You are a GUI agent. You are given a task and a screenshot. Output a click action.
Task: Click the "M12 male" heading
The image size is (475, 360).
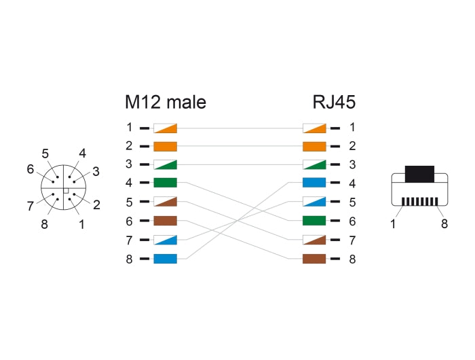point(166,103)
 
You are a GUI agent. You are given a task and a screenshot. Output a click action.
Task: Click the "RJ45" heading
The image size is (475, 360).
point(334,103)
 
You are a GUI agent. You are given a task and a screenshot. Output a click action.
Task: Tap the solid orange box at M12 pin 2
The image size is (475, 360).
point(166,146)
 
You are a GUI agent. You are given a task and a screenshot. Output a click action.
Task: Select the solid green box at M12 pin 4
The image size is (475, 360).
point(166,183)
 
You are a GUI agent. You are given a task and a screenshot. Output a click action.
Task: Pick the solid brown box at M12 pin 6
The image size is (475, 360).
point(166,221)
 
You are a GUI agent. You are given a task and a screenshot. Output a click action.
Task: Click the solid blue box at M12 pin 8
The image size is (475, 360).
point(166,259)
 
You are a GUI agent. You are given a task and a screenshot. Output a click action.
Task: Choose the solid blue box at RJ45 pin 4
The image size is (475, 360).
point(314,183)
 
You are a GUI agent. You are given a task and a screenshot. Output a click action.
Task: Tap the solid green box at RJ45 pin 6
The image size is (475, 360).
point(314,221)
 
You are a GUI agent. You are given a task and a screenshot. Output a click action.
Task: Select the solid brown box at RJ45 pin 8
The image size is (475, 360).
point(314,259)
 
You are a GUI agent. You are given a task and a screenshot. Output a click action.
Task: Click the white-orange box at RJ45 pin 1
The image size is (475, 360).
point(314,127)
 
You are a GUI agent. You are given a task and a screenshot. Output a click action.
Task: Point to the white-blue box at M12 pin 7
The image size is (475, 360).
point(166,240)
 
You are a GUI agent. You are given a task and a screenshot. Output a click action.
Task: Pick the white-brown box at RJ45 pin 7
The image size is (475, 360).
point(314,240)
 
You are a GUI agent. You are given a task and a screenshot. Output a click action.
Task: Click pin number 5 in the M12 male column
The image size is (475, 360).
point(129,202)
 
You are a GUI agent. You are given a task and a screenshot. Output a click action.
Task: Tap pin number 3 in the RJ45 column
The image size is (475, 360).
point(352,164)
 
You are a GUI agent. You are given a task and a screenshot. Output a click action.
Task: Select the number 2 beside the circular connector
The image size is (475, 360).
point(96,204)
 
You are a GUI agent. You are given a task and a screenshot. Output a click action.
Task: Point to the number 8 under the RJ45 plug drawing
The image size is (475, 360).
point(444,223)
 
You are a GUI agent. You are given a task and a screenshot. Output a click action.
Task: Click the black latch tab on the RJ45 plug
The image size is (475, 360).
point(419,173)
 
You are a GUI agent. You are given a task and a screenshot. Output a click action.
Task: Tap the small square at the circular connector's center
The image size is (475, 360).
point(65,192)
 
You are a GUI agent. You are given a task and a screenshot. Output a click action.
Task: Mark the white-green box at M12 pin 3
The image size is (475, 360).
point(166,164)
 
